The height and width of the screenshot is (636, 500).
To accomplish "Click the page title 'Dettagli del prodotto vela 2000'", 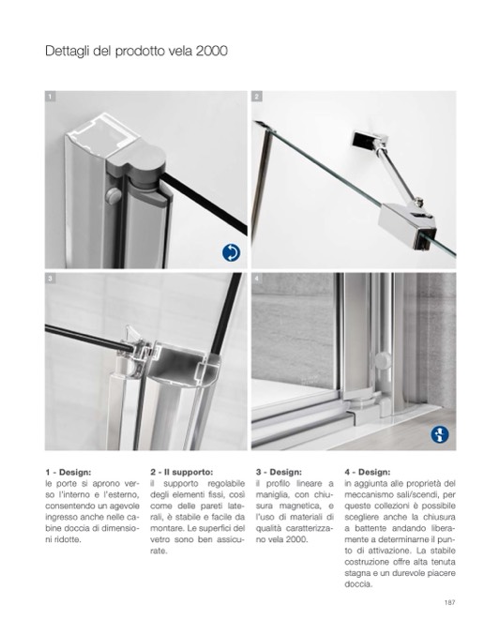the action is (x=136, y=52).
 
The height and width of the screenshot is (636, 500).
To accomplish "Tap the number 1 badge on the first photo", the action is (x=50, y=97).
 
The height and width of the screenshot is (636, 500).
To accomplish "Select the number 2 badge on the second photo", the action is (x=257, y=97).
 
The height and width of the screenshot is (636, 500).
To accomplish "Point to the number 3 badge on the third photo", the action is (x=50, y=279).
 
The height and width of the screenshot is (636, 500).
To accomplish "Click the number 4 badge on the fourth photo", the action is (x=257, y=279).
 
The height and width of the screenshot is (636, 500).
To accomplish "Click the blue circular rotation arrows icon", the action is (x=231, y=252).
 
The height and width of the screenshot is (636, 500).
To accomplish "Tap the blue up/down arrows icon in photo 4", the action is (x=440, y=434).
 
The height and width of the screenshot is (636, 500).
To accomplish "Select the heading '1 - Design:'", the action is (x=68, y=472).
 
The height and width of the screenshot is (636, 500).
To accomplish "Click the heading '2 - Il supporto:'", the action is (x=181, y=472).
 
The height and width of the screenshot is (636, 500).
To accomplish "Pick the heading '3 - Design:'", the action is (x=279, y=472).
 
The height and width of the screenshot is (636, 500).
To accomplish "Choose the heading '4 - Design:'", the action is (x=368, y=472).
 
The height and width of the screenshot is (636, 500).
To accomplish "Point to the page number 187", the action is (x=449, y=602).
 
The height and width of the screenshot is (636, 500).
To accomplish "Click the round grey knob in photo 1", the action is (x=114, y=196).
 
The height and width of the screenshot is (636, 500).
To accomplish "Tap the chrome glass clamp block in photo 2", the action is (x=407, y=224).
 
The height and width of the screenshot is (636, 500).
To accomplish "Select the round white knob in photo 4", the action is (x=383, y=360).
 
